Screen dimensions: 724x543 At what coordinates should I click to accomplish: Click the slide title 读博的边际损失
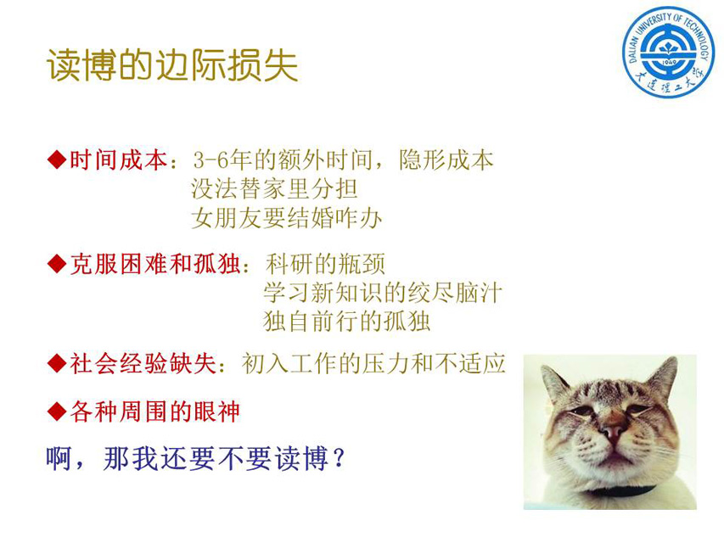point(172,65)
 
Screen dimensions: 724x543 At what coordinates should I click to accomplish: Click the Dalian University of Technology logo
point(668,52)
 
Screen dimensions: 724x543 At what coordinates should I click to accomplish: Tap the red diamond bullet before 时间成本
point(57,160)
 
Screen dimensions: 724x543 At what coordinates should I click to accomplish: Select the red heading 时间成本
point(118,160)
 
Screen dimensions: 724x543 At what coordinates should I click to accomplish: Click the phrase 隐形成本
point(446,160)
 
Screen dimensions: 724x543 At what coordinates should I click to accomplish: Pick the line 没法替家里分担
point(274,189)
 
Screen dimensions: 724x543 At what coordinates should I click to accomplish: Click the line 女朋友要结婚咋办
point(286,218)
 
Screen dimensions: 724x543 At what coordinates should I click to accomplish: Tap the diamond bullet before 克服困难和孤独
point(57,264)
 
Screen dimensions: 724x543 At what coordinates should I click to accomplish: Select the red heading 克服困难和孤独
point(155,265)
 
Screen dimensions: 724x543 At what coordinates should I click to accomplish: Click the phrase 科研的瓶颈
point(325,265)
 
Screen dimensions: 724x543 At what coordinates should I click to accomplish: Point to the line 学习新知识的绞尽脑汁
point(383,293)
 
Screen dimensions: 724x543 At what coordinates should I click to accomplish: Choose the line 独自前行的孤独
point(346,322)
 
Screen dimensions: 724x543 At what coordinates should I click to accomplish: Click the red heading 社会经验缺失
point(143,364)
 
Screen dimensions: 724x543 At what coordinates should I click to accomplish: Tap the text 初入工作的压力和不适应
point(373,364)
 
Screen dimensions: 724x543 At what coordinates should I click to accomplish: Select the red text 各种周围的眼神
point(154,411)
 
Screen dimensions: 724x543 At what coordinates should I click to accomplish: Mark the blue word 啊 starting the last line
point(59,458)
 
